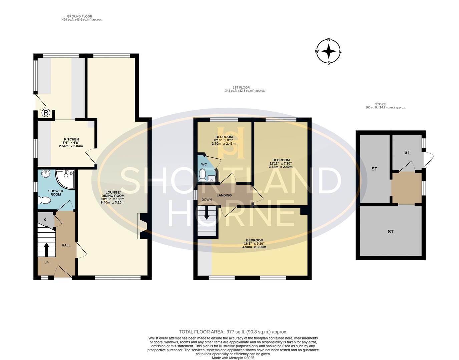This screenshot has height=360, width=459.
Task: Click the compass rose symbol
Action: tap(329, 51)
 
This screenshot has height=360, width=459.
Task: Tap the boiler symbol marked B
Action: tap(46, 113)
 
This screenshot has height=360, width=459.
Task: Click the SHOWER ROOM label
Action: tap(56, 193)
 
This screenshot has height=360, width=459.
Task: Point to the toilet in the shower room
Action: tap(44, 200)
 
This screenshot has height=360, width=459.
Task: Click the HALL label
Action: tap(66, 245)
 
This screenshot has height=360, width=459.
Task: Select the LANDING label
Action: tap(224, 195)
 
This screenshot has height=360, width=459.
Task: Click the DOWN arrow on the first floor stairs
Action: tap(206, 212)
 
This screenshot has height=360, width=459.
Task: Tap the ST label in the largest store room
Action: tap(391, 231)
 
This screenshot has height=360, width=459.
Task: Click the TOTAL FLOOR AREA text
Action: tap(233, 332)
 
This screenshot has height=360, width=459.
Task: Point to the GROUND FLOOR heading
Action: tap(79, 16)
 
